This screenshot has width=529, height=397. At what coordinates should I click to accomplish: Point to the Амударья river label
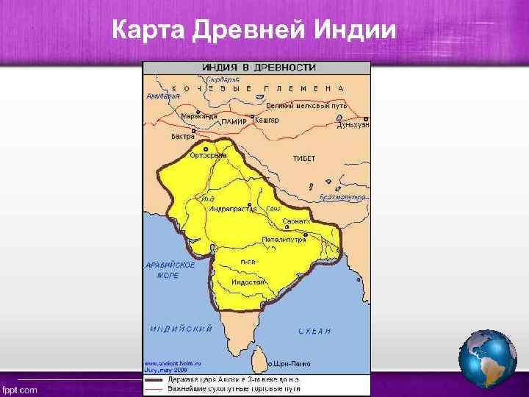pyautogui.click(x=162, y=96)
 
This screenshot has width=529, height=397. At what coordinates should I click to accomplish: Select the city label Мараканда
pyautogui.click(x=199, y=115)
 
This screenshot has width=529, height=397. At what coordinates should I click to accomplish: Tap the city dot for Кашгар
pyautogui.click(x=253, y=116)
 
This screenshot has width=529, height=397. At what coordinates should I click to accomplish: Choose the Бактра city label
pyautogui.click(x=182, y=136)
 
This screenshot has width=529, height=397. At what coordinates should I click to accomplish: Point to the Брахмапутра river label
pyautogui.click(x=343, y=197)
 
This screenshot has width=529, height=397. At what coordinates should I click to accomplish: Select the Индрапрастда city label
pyautogui.click(x=233, y=210)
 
